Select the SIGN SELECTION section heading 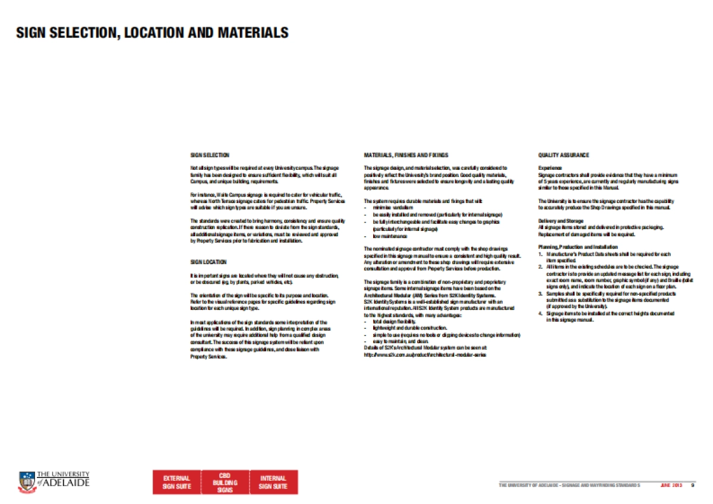209,156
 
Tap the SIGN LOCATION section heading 208,262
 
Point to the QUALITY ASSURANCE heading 564,156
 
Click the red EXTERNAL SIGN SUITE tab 176,482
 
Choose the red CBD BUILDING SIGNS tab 225,482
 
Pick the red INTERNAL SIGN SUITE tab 273,482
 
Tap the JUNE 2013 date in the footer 671,486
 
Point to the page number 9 692,486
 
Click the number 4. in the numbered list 540,313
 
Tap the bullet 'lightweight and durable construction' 409,328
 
